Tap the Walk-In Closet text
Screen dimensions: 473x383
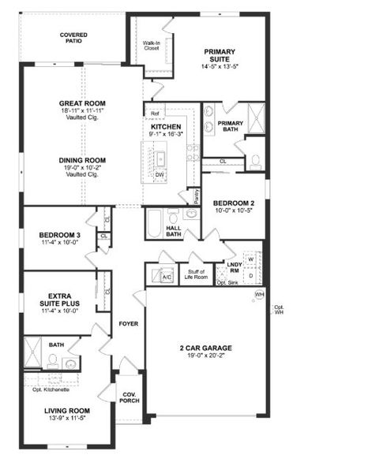(x=151, y=45)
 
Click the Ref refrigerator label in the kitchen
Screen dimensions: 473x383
(x=156, y=114)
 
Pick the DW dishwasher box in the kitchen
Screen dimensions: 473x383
(x=160, y=174)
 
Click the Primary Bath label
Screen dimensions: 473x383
(x=231, y=127)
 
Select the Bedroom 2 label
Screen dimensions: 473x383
(x=234, y=202)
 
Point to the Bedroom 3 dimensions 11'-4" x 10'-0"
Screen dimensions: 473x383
(x=60, y=243)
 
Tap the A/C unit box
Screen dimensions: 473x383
(x=167, y=277)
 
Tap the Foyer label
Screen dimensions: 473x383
(x=128, y=324)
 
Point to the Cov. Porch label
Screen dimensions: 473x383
(x=129, y=397)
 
